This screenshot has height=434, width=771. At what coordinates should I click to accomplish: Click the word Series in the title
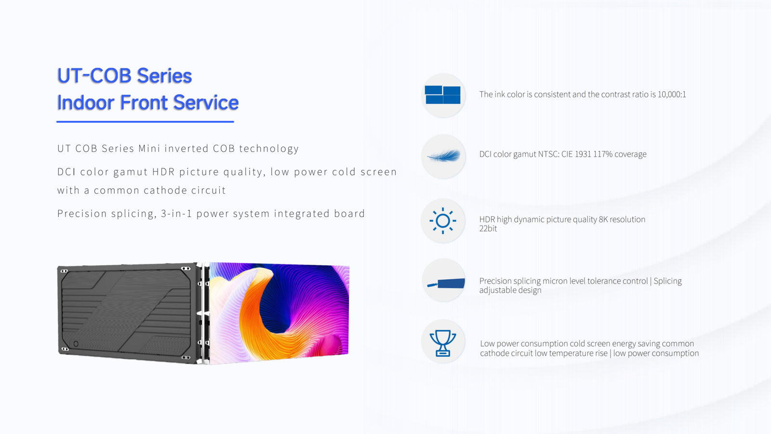[164, 76]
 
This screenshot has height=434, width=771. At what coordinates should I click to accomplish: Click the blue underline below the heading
[145, 122]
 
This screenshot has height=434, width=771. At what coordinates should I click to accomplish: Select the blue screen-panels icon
[443, 95]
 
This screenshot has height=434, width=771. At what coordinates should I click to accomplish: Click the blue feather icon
[443, 156]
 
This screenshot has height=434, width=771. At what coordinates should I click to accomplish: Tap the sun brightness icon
[443, 221]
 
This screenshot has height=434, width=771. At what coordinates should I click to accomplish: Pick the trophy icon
[443, 343]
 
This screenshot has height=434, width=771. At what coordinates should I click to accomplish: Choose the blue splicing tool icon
[446, 283]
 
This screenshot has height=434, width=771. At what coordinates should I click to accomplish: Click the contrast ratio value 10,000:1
[672, 95]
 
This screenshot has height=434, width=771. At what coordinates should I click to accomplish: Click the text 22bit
[488, 229]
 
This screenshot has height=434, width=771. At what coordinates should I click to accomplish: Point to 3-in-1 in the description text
[176, 214]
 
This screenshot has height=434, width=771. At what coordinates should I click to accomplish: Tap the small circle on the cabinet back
[76, 344]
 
